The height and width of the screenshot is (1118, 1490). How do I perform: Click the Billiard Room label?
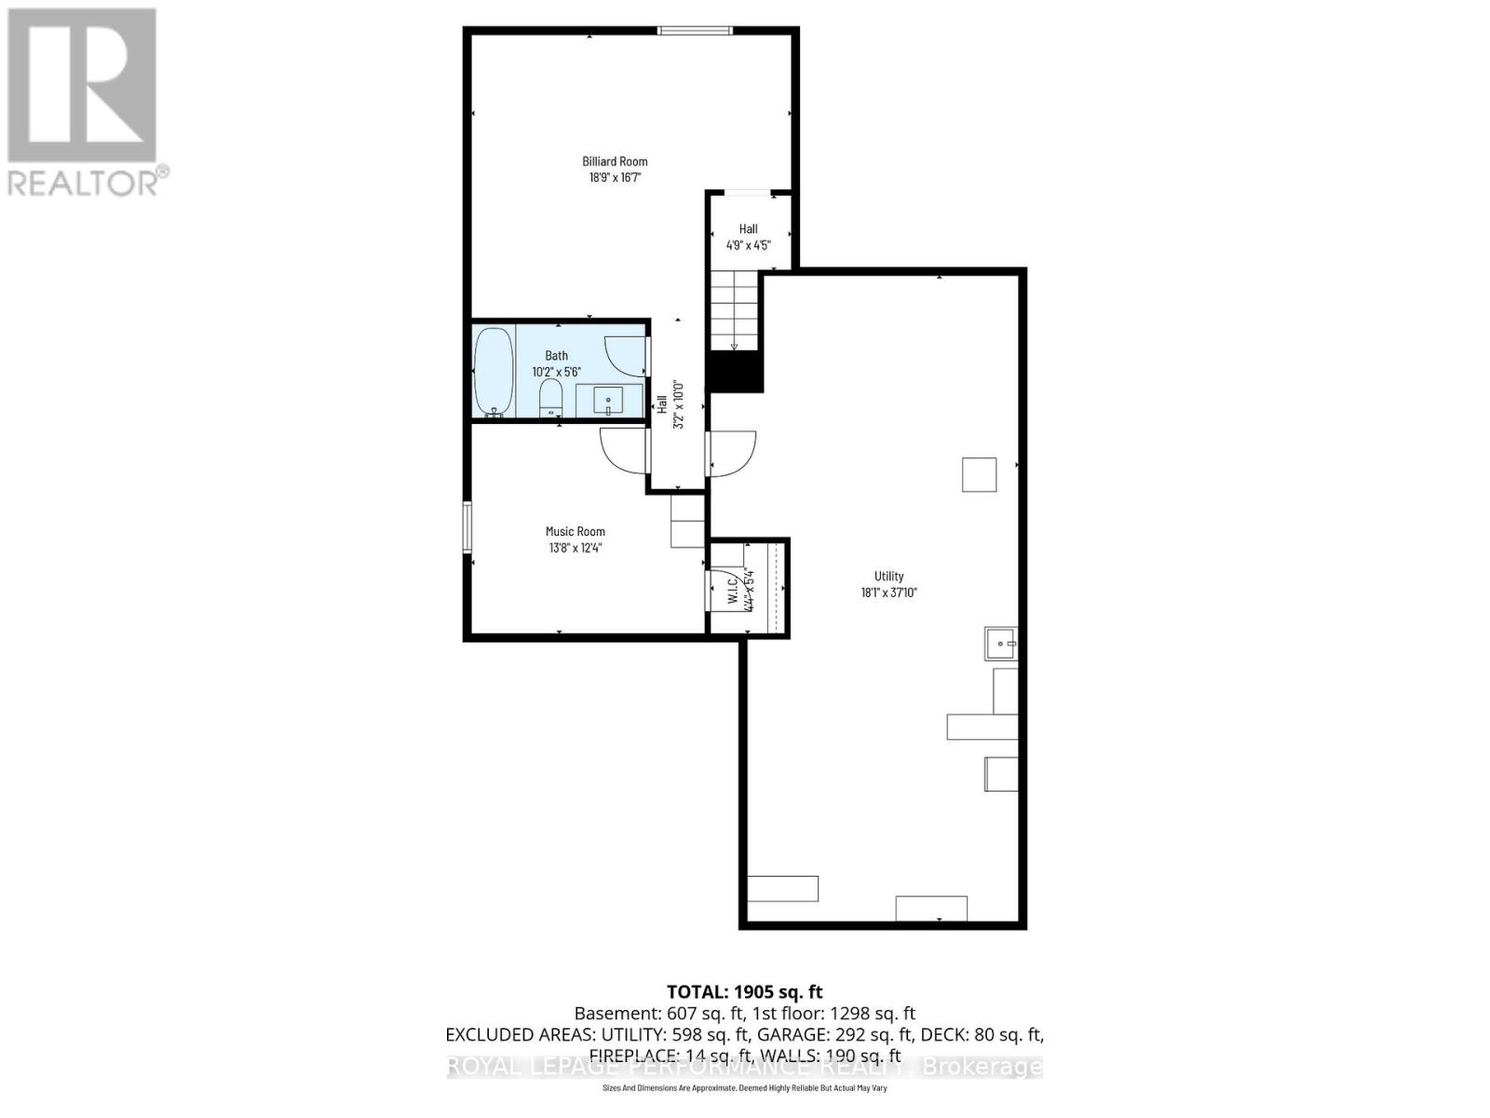tap(615, 161)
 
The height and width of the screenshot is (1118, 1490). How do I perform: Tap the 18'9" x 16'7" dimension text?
tap(615, 177)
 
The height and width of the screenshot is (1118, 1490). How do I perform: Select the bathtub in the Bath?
tap(494, 372)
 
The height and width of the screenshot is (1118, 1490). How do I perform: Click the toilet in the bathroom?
tap(551, 399)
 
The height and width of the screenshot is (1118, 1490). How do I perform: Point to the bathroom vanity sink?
tap(609, 402)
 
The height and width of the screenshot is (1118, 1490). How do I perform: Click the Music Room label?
tap(575, 531)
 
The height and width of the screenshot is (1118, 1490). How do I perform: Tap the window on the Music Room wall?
tap(467, 527)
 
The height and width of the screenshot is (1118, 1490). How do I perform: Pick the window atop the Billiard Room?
tap(695, 31)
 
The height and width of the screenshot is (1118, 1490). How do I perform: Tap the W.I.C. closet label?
tap(732, 589)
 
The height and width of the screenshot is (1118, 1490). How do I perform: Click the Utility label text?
tap(888, 576)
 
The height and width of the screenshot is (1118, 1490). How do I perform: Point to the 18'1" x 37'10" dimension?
tap(888, 593)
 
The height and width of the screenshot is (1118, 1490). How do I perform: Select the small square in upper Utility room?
tap(979, 474)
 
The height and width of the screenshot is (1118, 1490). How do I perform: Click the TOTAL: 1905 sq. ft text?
tap(744, 992)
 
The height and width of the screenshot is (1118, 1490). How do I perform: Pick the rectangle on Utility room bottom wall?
tap(931, 907)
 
